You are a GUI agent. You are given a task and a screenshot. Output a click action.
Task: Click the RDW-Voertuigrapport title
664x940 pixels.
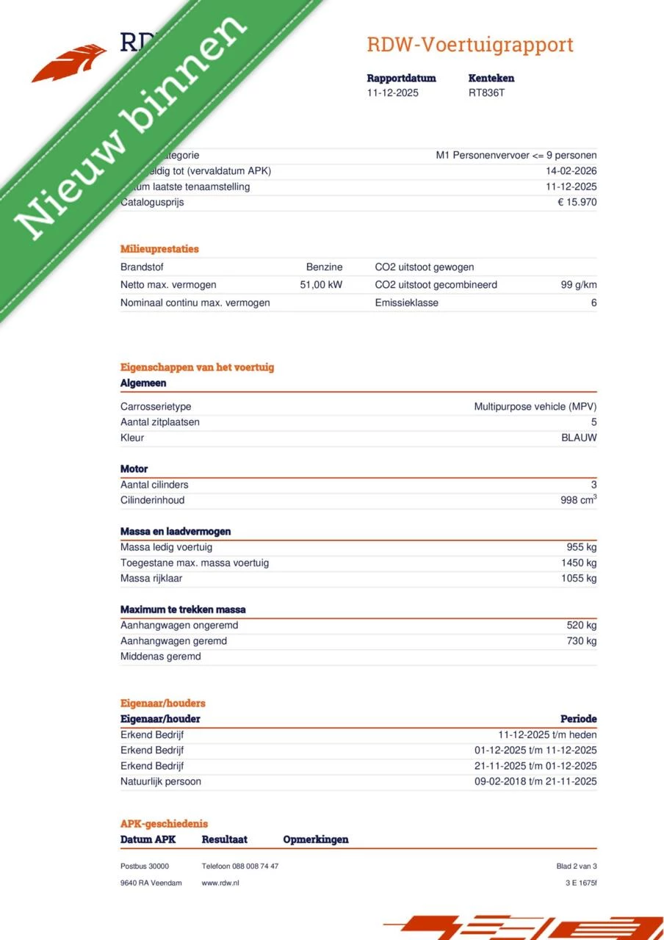coord(470,45)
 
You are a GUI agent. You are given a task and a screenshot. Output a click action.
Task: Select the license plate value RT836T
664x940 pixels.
coord(486,93)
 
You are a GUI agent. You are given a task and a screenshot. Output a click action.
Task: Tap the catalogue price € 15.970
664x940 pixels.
coord(577,203)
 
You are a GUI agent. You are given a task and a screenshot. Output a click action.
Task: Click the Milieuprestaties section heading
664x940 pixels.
coord(159,249)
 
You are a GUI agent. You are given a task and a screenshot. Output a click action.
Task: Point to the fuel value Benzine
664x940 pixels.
coord(324,267)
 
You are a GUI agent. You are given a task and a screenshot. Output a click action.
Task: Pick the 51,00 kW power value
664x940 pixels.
coord(321,285)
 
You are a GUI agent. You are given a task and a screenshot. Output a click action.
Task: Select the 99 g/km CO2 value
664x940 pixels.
coord(578,285)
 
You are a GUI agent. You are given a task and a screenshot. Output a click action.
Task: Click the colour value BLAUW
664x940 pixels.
coord(579,438)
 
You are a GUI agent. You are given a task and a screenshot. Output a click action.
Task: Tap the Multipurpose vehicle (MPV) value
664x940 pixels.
coord(535,407)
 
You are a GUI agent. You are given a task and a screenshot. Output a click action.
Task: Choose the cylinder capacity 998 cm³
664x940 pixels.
coord(578,500)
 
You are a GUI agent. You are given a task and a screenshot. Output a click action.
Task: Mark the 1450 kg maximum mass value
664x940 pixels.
coord(578,563)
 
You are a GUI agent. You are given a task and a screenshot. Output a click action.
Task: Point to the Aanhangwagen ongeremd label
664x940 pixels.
coord(179,626)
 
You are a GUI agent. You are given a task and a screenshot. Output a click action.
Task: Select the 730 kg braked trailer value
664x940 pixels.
coord(580,641)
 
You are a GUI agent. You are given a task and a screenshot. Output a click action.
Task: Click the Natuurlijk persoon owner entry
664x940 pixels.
coord(161,781)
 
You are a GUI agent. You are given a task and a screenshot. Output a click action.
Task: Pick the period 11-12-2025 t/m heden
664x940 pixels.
coord(547,735)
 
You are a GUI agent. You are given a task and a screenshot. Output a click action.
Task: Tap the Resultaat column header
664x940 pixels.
coord(225,839)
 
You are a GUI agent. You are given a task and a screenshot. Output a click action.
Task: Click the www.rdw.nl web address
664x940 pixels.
coord(220,883)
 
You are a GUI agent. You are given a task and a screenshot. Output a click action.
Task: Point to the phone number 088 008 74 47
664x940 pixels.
coord(255,867)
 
